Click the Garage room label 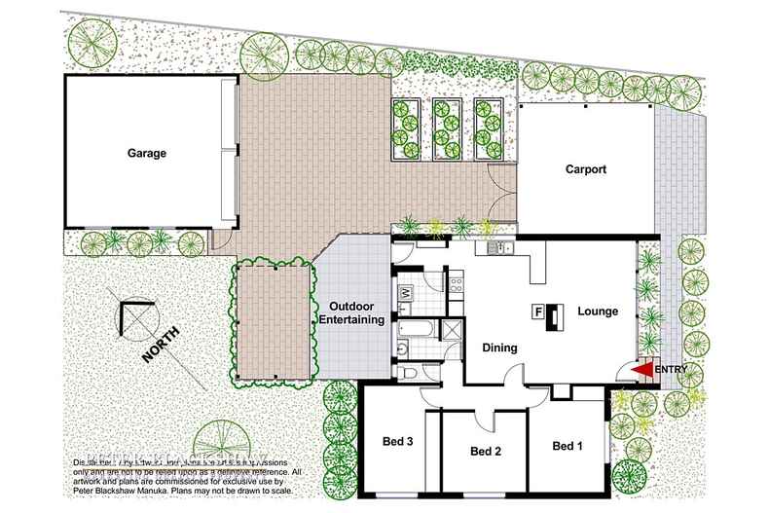click(x=146, y=153)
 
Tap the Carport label click(x=586, y=169)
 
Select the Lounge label click(x=598, y=312)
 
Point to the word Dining click(x=499, y=348)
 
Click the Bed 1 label click(x=568, y=447)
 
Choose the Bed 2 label click(x=485, y=452)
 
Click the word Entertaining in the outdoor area click(x=352, y=319)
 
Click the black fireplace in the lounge click(x=554, y=316)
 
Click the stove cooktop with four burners click(x=456, y=283)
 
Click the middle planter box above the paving click(x=449, y=128)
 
